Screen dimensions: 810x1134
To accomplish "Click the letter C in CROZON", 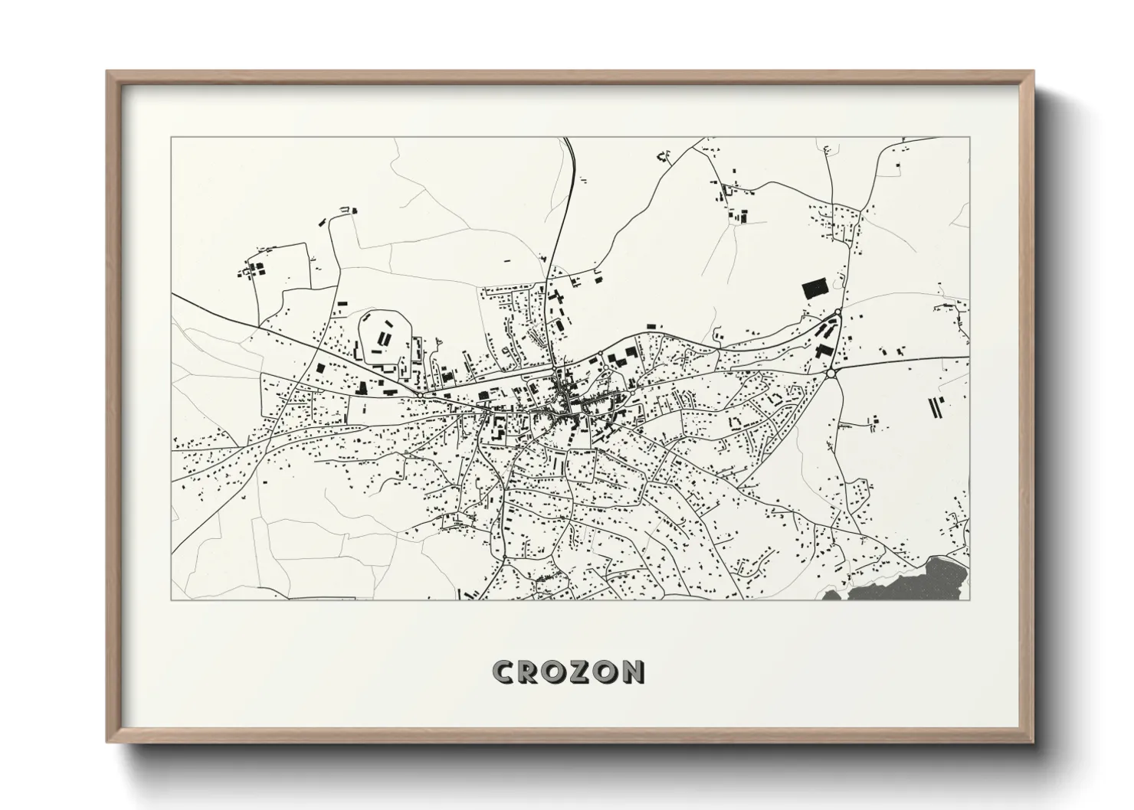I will pyautogui.click(x=506, y=671).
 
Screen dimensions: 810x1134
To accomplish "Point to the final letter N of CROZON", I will pyautogui.click(x=633, y=671).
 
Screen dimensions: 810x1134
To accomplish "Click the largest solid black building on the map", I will pyautogui.click(x=814, y=289).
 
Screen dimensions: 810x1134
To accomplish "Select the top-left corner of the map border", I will pyautogui.click(x=171, y=138).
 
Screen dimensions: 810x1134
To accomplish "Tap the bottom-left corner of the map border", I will pyautogui.click(x=171, y=599).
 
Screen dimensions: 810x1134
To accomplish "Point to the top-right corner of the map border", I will pyautogui.click(x=970, y=138).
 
